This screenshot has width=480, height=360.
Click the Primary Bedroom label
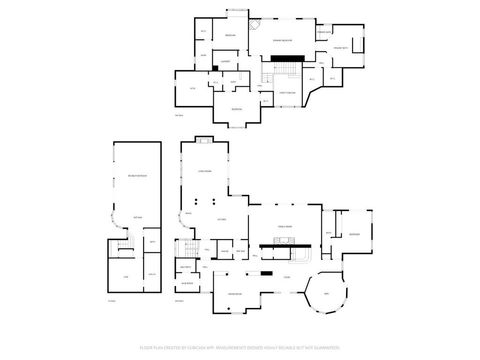coord(283,40)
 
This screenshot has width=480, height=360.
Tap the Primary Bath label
coord(339,47)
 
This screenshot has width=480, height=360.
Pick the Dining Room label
coord(234,292)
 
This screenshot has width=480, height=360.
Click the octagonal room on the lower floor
coord(324,294)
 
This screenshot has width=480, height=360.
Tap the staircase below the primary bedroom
coord(278,74)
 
